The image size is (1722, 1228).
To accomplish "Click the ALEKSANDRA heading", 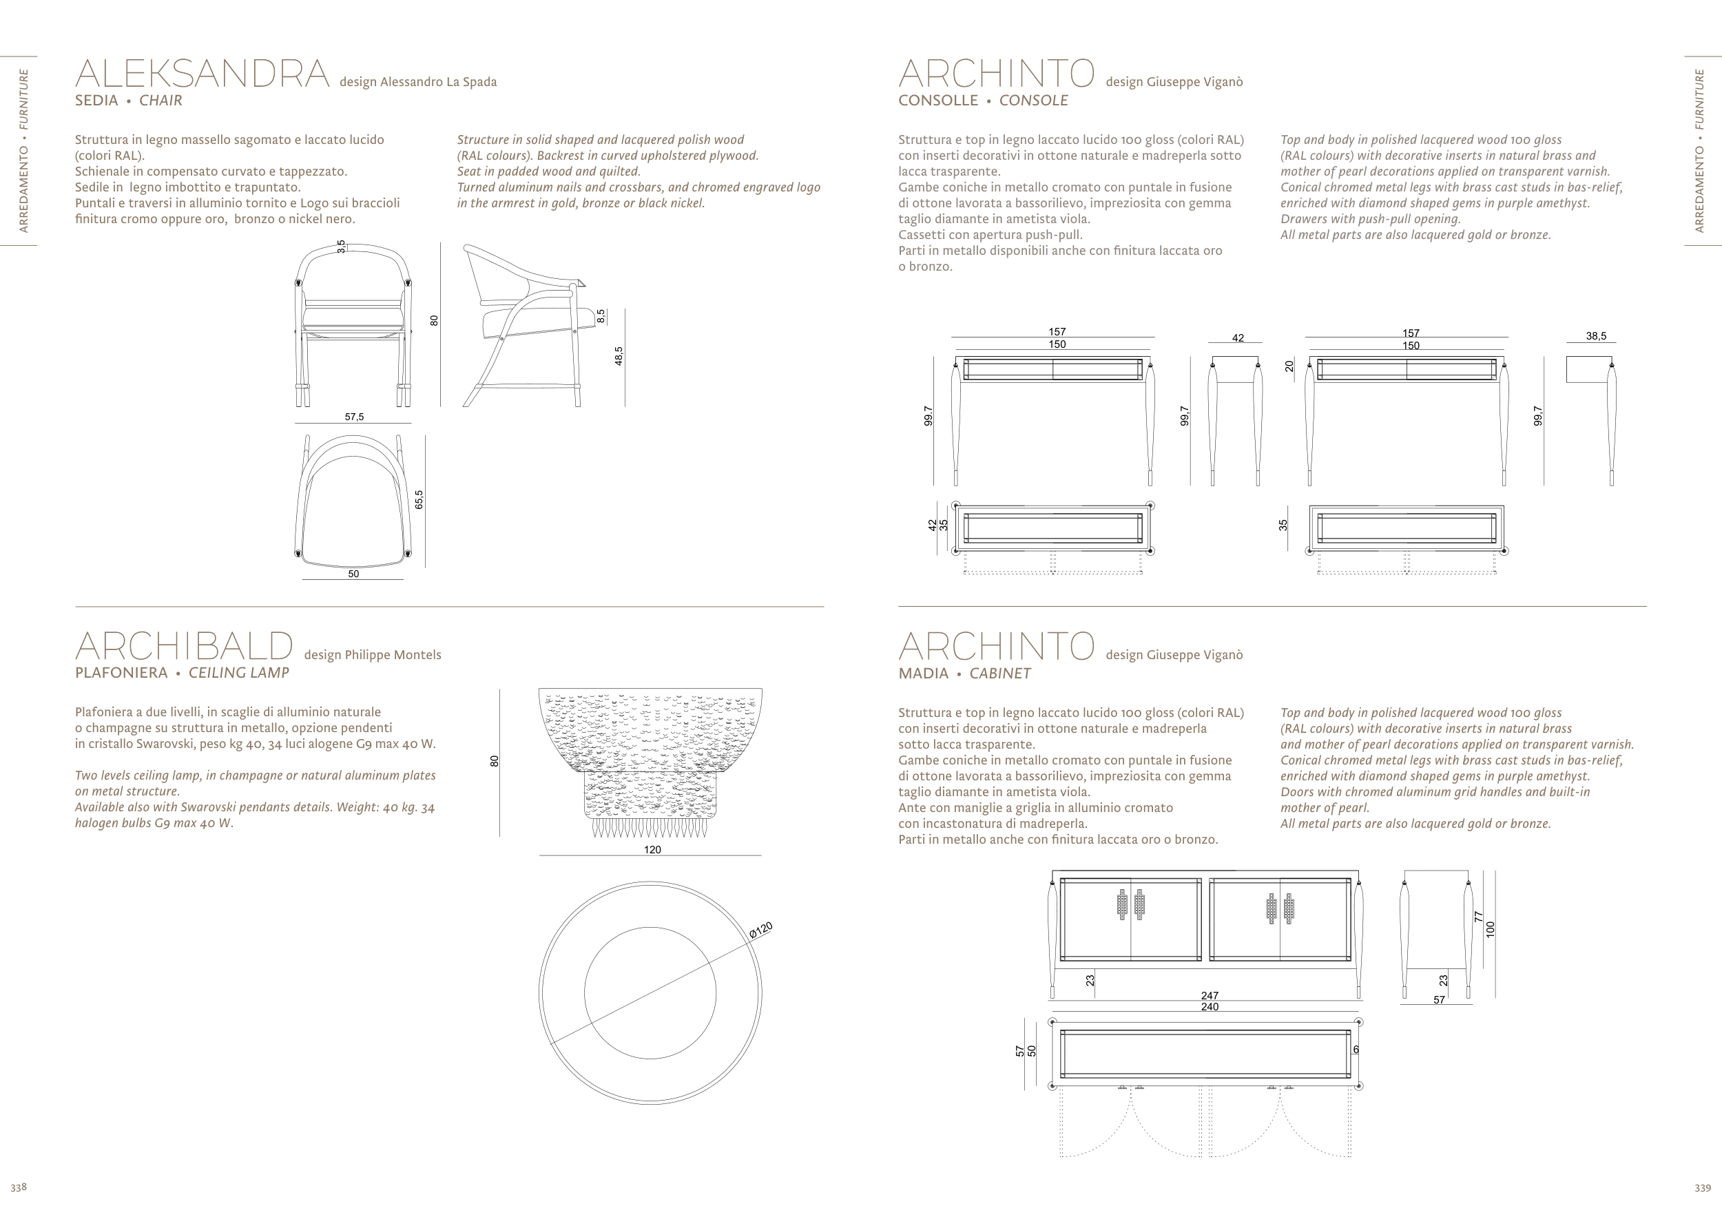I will tap(202, 74).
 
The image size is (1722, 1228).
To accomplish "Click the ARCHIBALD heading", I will tap(184, 647).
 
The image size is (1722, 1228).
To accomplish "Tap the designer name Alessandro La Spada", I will tap(418, 82).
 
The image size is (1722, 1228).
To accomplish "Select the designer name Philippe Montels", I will tap(372, 655).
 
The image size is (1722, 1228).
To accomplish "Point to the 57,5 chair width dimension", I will tap(354, 417).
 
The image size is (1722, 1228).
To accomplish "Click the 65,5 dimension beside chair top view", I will tap(419, 499).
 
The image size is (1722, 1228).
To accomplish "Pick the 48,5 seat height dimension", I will tap(619, 356).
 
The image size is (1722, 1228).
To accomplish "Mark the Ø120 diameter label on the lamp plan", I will tap(761, 930).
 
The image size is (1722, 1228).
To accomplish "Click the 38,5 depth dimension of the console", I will tap(1596, 337).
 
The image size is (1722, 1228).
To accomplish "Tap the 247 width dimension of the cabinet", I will tap(1210, 995).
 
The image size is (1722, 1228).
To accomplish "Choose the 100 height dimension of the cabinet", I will tap(1491, 929).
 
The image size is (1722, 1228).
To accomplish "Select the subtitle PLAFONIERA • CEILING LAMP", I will tap(182, 673).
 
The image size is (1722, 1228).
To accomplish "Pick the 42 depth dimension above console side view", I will tap(1237, 338).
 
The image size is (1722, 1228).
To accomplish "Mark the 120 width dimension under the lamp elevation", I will tap(652, 850).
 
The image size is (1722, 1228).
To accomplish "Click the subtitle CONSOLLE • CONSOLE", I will tap(983, 101).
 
